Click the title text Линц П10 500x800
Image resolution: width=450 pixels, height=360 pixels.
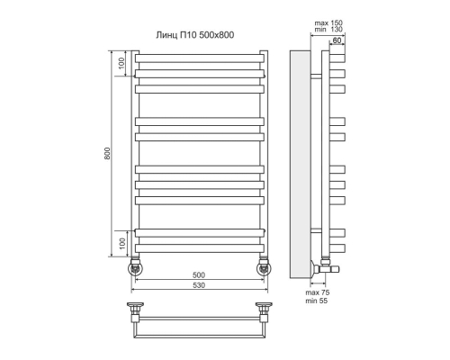(195, 35)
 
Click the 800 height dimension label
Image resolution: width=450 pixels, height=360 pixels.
(107, 153)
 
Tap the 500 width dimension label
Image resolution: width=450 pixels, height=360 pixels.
(199, 274)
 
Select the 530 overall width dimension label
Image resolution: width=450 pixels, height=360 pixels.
(199, 285)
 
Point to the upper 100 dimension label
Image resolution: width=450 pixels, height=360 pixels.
(121, 63)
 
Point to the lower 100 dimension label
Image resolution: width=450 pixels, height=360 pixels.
(121, 244)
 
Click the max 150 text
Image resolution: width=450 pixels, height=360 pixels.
(328, 23)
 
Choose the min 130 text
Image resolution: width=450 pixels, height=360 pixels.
(328, 30)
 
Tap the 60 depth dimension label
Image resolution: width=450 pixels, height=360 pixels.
(337, 40)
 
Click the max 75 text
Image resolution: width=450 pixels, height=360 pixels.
(318, 292)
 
